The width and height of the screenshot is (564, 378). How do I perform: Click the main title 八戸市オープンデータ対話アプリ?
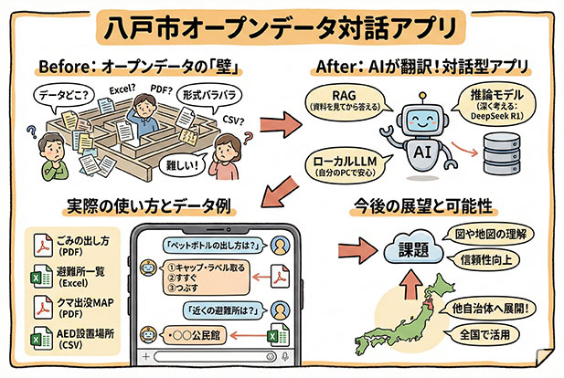[x=282, y=25]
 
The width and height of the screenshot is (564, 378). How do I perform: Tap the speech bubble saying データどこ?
[x=61, y=94]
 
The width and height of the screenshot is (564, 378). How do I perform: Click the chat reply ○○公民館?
[x=193, y=334]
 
